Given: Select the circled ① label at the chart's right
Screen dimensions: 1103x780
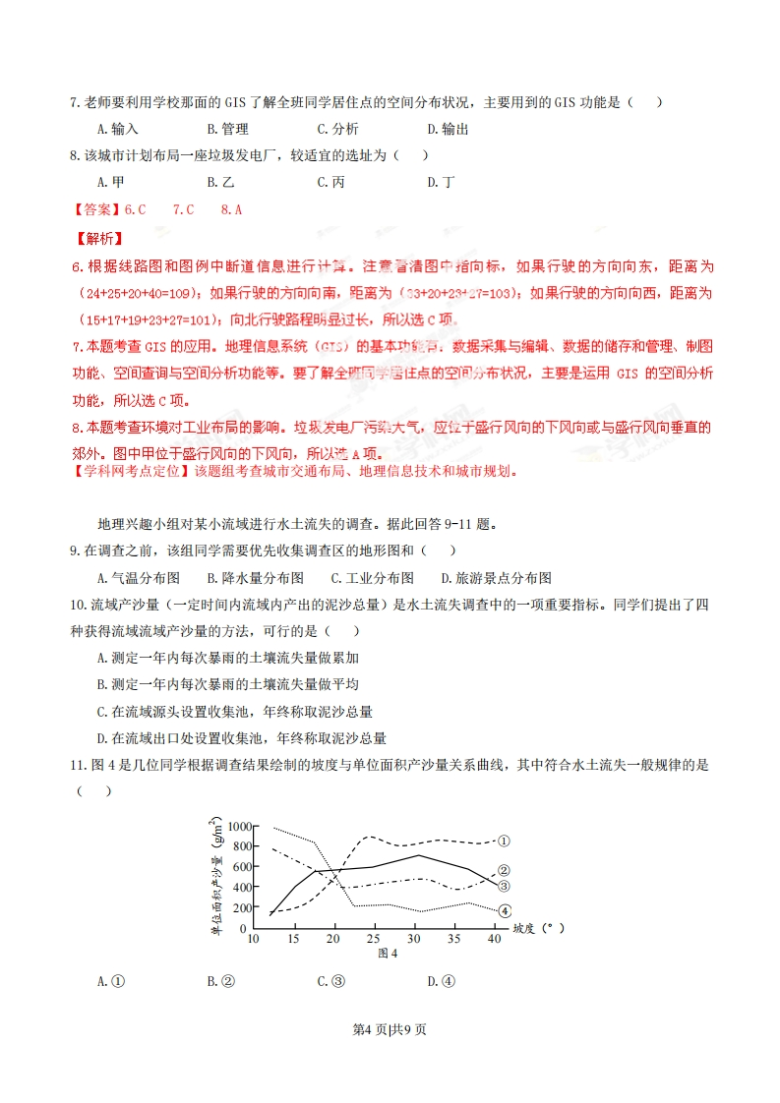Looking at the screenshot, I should (x=504, y=841).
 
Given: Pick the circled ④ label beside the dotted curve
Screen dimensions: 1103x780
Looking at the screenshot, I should (x=505, y=910).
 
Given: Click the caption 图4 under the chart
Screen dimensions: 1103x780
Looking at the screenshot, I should (x=387, y=953).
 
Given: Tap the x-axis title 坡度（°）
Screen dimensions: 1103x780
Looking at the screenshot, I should (x=538, y=927).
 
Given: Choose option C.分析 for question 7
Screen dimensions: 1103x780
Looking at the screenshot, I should (x=337, y=129).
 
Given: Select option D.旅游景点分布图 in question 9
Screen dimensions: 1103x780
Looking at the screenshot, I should (x=496, y=578).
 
